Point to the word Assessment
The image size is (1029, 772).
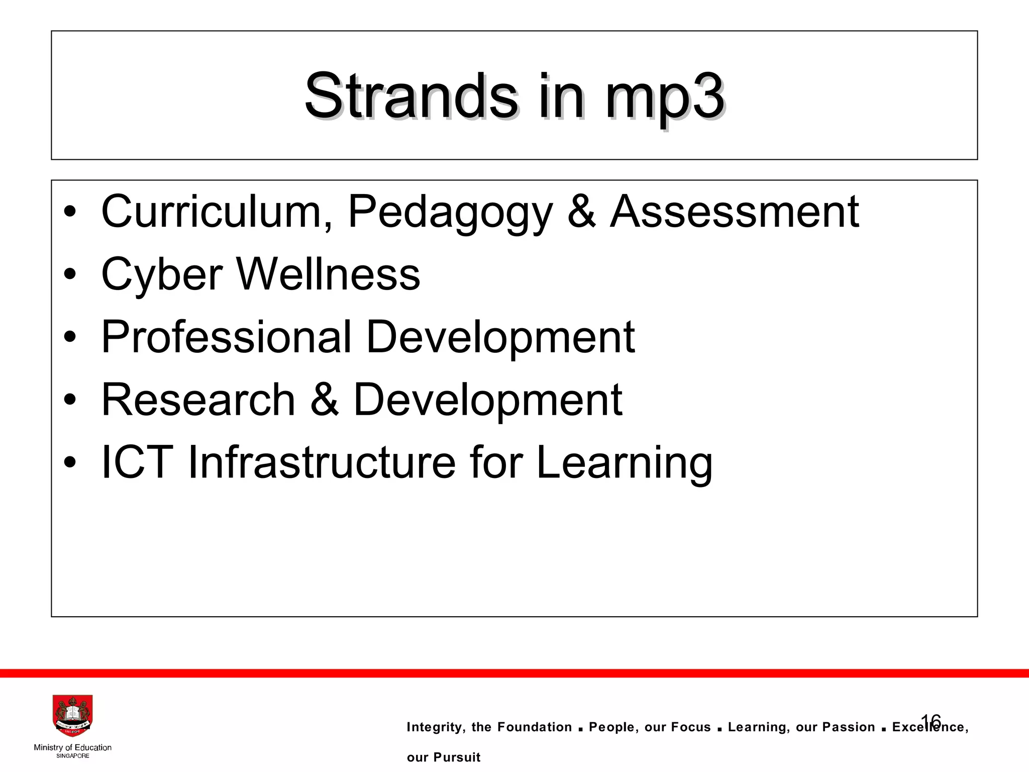coord(734,212)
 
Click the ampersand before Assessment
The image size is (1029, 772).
coord(581,212)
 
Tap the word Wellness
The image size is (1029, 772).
coord(328,274)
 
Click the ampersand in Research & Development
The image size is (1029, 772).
coord(325,400)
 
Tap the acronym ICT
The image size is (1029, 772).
coord(137,462)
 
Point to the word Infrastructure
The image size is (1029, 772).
coord(322,462)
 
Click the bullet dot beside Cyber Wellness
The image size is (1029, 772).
coord(70,274)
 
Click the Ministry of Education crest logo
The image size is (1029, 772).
coord(72,716)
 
